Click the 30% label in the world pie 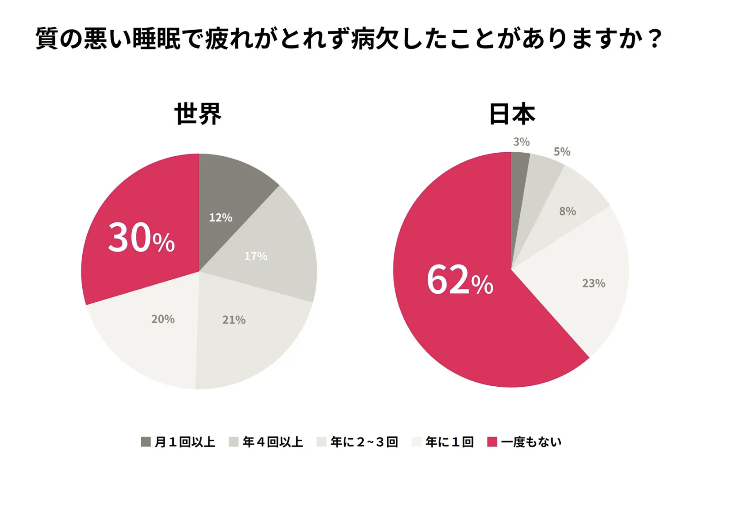[x=141, y=238]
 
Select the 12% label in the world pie [x=220, y=218]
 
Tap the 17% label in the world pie [x=255, y=256]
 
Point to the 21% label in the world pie [x=234, y=320]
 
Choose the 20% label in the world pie [x=163, y=319]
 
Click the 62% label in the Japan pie [x=460, y=281]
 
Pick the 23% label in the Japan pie [x=594, y=283]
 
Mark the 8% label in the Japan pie [x=568, y=211]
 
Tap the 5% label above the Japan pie [x=562, y=152]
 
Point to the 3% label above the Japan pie [x=521, y=142]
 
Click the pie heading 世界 [x=198, y=114]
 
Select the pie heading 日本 [x=512, y=114]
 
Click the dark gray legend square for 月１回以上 [x=146, y=442]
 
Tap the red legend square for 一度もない [x=492, y=442]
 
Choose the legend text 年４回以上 [x=273, y=442]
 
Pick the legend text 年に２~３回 [x=364, y=442]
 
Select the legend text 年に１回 [x=449, y=442]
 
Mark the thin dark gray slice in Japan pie [x=519, y=171]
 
